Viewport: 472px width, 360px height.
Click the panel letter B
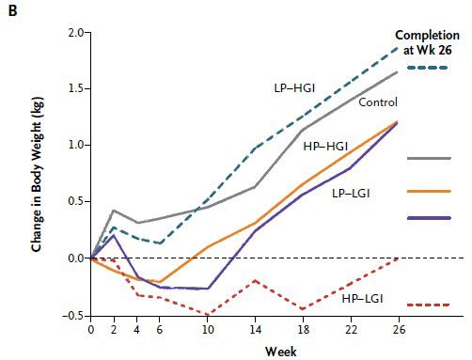coord(12,11)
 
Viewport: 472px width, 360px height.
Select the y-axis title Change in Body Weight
coord(37,175)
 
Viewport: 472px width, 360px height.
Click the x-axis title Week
coord(281,352)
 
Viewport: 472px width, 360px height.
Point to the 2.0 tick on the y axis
coord(75,33)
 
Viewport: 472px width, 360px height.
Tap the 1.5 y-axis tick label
coord(75,88)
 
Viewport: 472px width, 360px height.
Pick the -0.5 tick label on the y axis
coord(73,316)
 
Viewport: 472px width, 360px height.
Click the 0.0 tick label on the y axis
coord(75,258)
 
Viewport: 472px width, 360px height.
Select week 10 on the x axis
coord(207,330)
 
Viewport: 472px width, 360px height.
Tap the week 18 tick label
coord(303,330)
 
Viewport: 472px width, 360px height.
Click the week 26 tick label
coord(399,330)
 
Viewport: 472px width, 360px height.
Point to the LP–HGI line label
coord(294,88)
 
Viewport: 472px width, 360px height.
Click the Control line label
coord(378,102)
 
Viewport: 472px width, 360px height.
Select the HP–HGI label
coord(325,147)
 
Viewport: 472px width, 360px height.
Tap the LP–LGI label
coord(351,194)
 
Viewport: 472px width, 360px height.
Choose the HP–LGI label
coord(363,299)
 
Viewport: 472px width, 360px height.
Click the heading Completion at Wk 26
coord(428,42)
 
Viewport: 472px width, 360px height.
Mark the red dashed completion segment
coord(429,305)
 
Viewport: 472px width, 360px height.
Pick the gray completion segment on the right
coord(429,158)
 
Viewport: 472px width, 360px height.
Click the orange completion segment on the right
coord(429,191)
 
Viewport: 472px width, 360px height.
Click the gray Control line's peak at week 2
coord(114,211)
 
